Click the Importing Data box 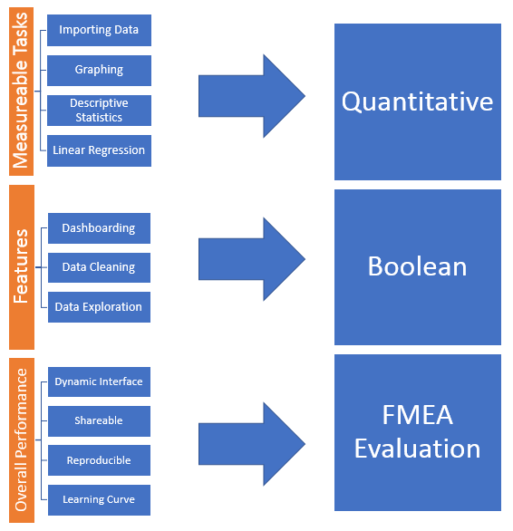coord(99,30)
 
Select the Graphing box coord(99,70)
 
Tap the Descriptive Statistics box coord(99,110)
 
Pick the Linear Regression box coord(99,150)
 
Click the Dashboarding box coord(99,228)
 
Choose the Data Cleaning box coord(99,267)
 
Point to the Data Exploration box coord(99,307)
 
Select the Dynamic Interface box coord(99,381)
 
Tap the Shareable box coord(99,420)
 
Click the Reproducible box coord(99,460)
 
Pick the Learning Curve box coord(99,499)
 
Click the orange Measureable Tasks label coord(22,90)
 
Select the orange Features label coord(22,267)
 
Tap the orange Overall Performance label coord(22,440)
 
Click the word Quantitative coord(417,101)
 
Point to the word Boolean coord(417,266)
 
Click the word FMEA coord(417,417)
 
